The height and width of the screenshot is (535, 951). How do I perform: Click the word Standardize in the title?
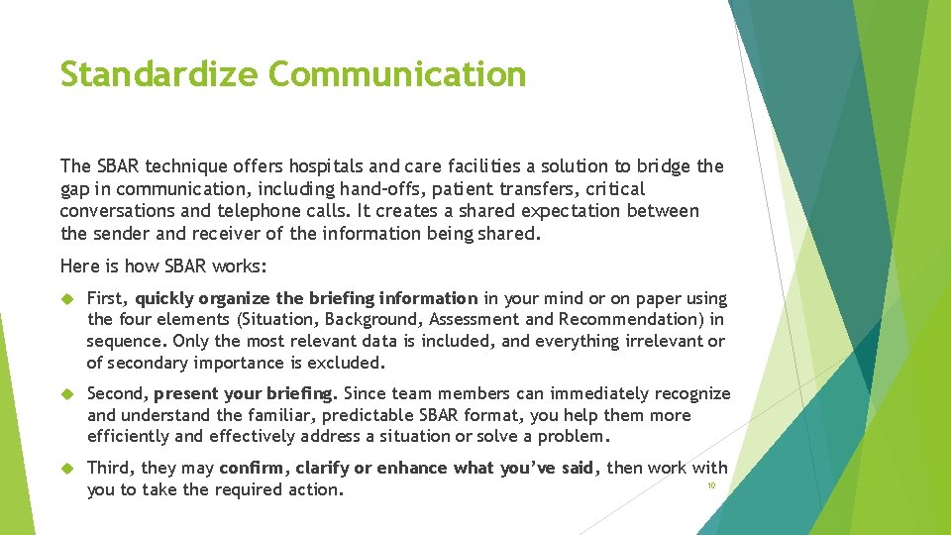158,74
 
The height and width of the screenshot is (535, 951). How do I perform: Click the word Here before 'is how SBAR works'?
79,266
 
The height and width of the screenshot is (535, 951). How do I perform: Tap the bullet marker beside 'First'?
68,298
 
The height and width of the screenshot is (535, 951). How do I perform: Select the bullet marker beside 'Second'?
68,394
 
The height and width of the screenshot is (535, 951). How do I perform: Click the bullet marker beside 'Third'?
68,468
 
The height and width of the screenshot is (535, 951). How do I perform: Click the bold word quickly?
164,298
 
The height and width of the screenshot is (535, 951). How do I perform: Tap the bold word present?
185,394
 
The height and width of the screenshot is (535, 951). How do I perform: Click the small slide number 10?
710,484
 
